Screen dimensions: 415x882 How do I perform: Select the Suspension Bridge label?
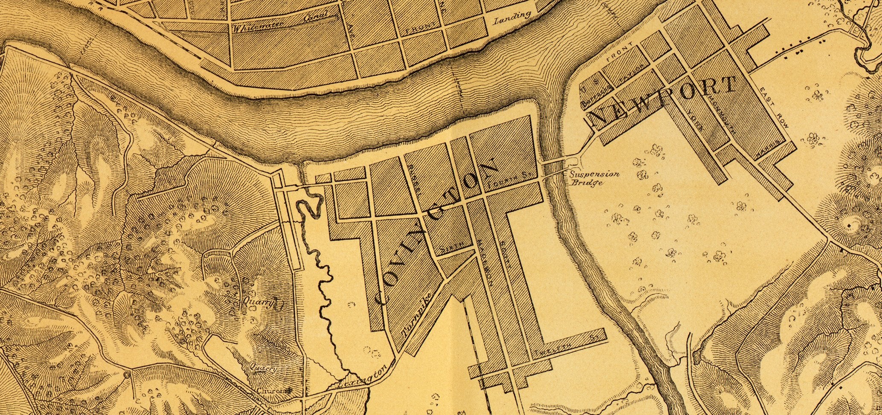coord(594,178)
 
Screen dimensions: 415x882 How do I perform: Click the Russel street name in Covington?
coord(414,179)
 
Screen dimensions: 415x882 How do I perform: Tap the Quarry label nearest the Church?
coord(264,368)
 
